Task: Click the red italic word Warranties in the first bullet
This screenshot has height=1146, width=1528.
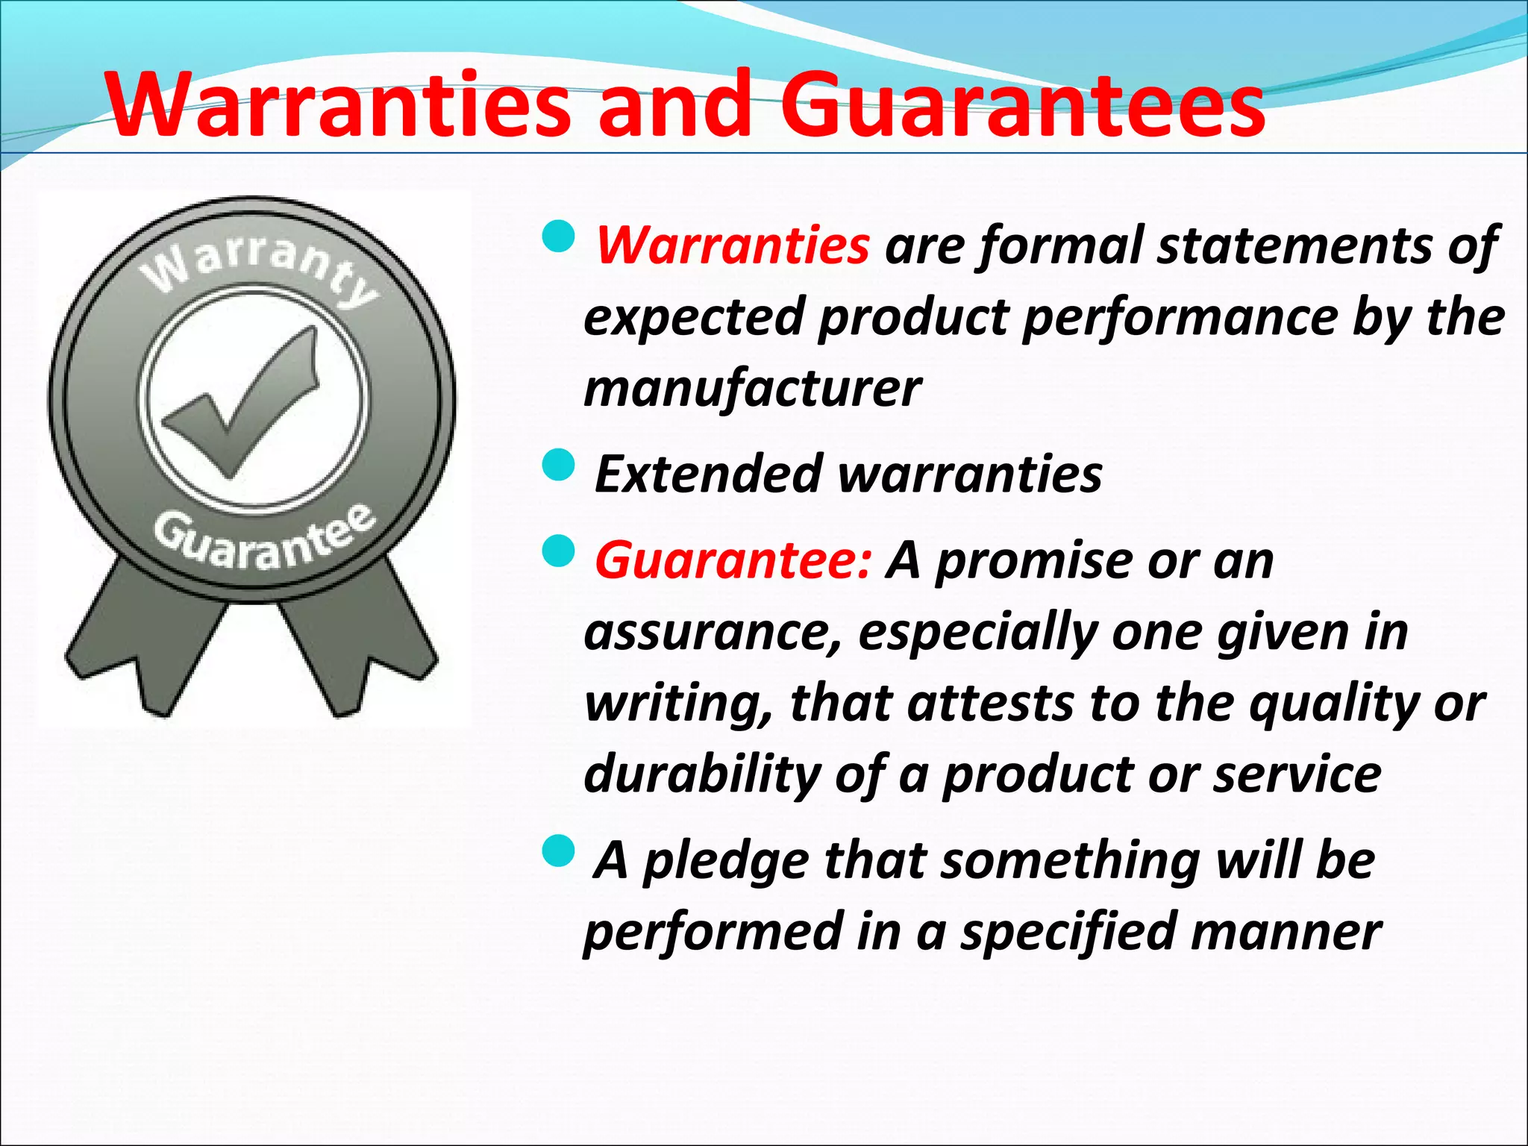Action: (x=733, y=245)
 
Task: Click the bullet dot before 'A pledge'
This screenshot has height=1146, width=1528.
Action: (x=557, y=851)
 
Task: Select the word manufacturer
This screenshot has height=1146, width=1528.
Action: (x=752, y=389)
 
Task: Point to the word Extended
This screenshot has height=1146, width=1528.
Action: (x=709, y=475)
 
